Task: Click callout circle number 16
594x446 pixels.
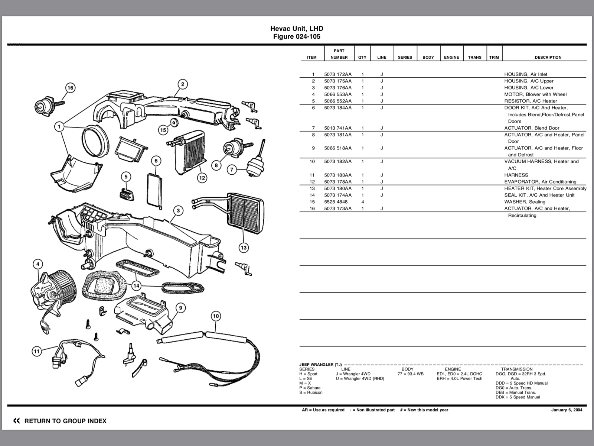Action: [x=70, y=88]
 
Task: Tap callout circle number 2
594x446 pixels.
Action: [x=182, y=84]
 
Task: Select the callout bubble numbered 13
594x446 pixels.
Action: [x=244, y=248]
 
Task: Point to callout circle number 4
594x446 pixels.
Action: [x=37, y=264]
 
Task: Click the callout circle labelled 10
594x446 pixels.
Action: [x=216, y=316]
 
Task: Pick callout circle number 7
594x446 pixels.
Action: [x=232, y=170]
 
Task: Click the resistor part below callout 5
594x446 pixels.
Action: [x=126, y=193]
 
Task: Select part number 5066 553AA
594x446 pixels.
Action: [x=337, y=94]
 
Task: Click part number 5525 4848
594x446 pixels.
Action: [x=336, y=202]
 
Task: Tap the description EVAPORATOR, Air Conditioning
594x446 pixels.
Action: [x=540, y=182]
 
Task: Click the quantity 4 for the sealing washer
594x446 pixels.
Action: [x=363, y=202]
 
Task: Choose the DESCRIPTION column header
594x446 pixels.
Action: [x=548, y=57]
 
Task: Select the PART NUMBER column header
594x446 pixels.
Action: [x=339, y=54]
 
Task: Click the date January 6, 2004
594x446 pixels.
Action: [x=567, y=410]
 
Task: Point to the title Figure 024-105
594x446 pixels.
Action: [x=297, y=36]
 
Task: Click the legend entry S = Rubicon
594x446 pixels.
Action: [x=311, y=392]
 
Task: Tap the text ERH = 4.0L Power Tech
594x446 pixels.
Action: [x=459, y=378]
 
